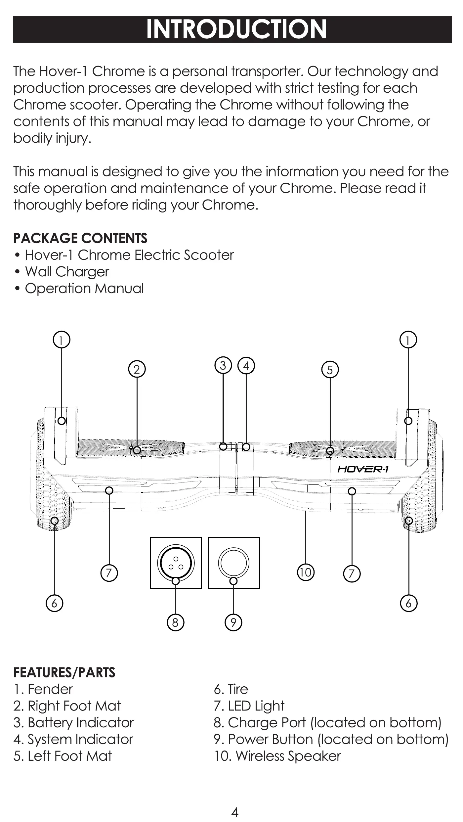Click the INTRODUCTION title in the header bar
tap(236, 29)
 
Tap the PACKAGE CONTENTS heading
tap(80, 238)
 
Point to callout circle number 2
tap(137, 369)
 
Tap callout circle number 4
tap(246, 366)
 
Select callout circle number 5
tap(330, 370)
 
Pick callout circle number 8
tap(175, 622)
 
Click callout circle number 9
tap(233, 622)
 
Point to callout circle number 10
tap(306, 572)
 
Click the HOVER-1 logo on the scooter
tap(363, 469)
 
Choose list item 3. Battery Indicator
tap(73, 722)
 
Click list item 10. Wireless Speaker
tap(277, 756)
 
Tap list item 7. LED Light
tap(249, 706)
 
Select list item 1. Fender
tap(43, 689)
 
